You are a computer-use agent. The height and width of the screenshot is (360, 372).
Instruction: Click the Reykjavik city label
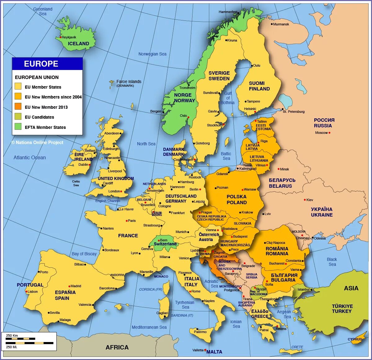click(69, 37)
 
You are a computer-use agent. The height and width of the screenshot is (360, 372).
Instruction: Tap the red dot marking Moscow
click(330, 133)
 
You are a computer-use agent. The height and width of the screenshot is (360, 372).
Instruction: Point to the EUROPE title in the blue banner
click(41, 64)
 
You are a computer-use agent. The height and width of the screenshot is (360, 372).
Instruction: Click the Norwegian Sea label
click(152, 54)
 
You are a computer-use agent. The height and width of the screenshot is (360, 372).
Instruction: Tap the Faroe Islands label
click(129, 81)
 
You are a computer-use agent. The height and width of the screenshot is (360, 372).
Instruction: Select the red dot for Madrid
click(69, 286)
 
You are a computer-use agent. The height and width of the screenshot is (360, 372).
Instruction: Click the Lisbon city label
click(33, 292)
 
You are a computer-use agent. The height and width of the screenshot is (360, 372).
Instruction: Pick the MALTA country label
click(214, 352)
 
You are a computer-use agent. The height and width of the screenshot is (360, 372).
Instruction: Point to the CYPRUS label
click(355, 339)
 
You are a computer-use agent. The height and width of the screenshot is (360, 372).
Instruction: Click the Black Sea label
click(332, 262)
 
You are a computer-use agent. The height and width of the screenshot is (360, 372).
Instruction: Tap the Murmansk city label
click(281, 24)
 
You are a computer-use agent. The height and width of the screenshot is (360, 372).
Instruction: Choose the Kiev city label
click(310, 200)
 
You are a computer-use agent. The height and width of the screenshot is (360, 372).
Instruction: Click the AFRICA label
click(117, 348)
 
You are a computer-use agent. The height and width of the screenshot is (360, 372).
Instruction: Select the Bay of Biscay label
click(84, 254)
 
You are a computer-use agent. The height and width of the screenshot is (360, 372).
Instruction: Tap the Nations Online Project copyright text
click(38, 143)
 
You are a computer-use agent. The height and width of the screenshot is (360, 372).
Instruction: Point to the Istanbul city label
click(303, 289)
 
